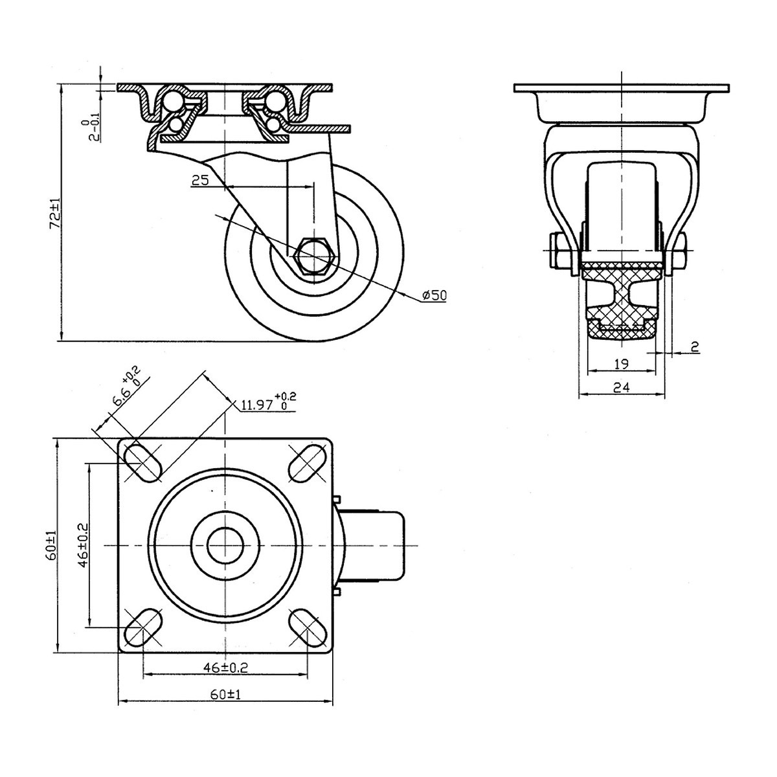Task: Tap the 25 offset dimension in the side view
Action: (200, 181)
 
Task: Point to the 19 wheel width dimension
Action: (620, 364)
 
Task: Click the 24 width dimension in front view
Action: (620, 387)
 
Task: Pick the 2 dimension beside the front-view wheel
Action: (695, 348)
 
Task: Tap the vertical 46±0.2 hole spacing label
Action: (82, 545)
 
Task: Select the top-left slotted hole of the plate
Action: (142, 462)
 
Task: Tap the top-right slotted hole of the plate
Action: (306, 462)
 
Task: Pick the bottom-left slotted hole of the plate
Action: (142, 627)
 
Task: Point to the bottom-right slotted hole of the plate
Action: (306, 627)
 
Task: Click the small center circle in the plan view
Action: (225, 545)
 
